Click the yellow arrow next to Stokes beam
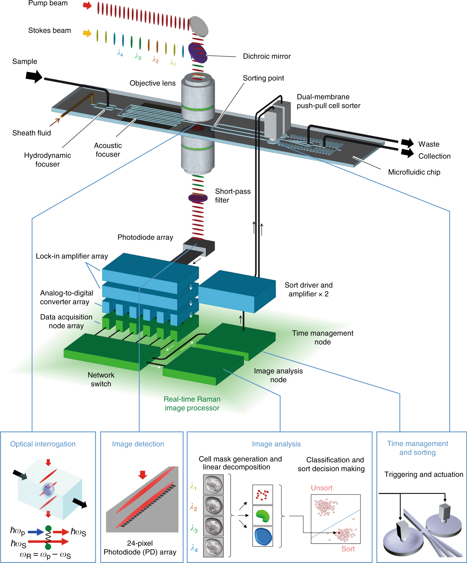[87, 33]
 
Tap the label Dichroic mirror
[266, 56]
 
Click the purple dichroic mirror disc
[197, 53]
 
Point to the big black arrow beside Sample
[34, 76]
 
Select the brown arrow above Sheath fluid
[55, 122]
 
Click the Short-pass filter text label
[232, 196]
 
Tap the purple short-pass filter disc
[198, 198]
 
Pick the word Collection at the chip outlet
[434, 156]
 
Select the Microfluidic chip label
[414, 172]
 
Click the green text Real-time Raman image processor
[192, 403]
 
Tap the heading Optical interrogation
[43, 444]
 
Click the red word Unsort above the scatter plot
[321, 488]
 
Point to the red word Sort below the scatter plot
[348, 549]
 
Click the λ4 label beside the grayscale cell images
[194, 548]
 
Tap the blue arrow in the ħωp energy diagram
[36, 532]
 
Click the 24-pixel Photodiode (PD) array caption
[140, 548]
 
